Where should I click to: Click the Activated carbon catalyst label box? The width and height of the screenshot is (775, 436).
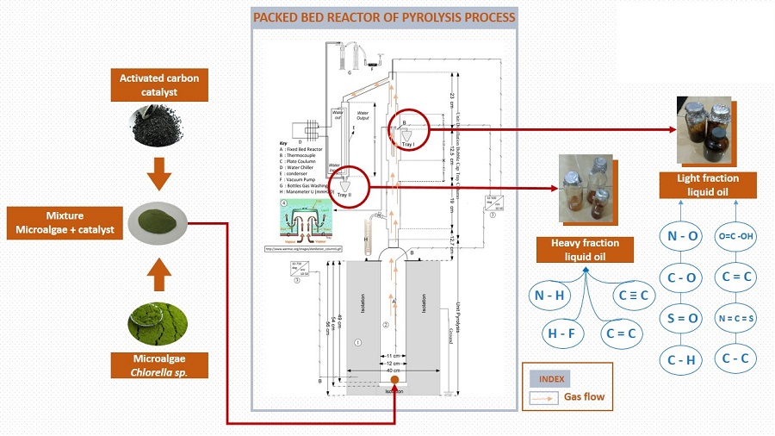(x=160, y=86)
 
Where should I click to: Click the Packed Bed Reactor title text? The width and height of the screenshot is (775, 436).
(x=383, y=16)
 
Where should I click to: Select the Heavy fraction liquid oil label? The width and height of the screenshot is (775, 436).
(x=586, y=250)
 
